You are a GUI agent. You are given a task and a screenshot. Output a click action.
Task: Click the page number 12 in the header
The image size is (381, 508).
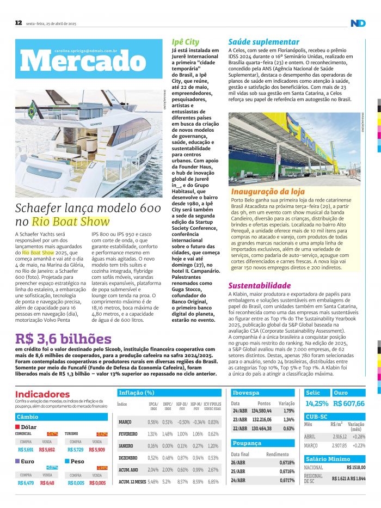click(x=18, y=23)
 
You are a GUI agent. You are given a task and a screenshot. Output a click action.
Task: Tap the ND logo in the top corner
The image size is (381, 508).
click(x=358, y=23)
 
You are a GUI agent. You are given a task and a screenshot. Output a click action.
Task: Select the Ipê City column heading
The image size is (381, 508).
click(x=185, y=42)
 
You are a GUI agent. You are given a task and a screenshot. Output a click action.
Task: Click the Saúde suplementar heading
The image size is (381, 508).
click(x=263, y=42)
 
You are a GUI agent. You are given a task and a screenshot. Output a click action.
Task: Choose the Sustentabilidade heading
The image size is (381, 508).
click(x=260, y=285)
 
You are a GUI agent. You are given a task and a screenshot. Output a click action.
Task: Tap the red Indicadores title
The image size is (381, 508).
click(x=42, y=394)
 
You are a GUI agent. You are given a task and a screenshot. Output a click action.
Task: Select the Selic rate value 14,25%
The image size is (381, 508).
click(x=317, y=403)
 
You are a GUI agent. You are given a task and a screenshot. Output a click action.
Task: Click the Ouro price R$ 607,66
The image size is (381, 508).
click(x=349, y=403)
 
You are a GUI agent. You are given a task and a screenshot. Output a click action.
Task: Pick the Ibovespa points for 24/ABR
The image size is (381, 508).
click(x=261, y=411)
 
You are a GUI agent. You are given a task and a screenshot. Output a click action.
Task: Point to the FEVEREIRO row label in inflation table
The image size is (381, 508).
click(x=129, y=434)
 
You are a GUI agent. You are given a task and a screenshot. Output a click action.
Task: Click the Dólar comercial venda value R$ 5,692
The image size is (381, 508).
click(x=47, y=450)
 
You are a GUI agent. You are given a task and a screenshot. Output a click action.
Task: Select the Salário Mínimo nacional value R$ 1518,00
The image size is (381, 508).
click(x=357, y=467)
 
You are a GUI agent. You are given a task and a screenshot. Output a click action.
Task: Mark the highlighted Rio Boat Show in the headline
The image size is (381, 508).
click(x=71, y=222)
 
